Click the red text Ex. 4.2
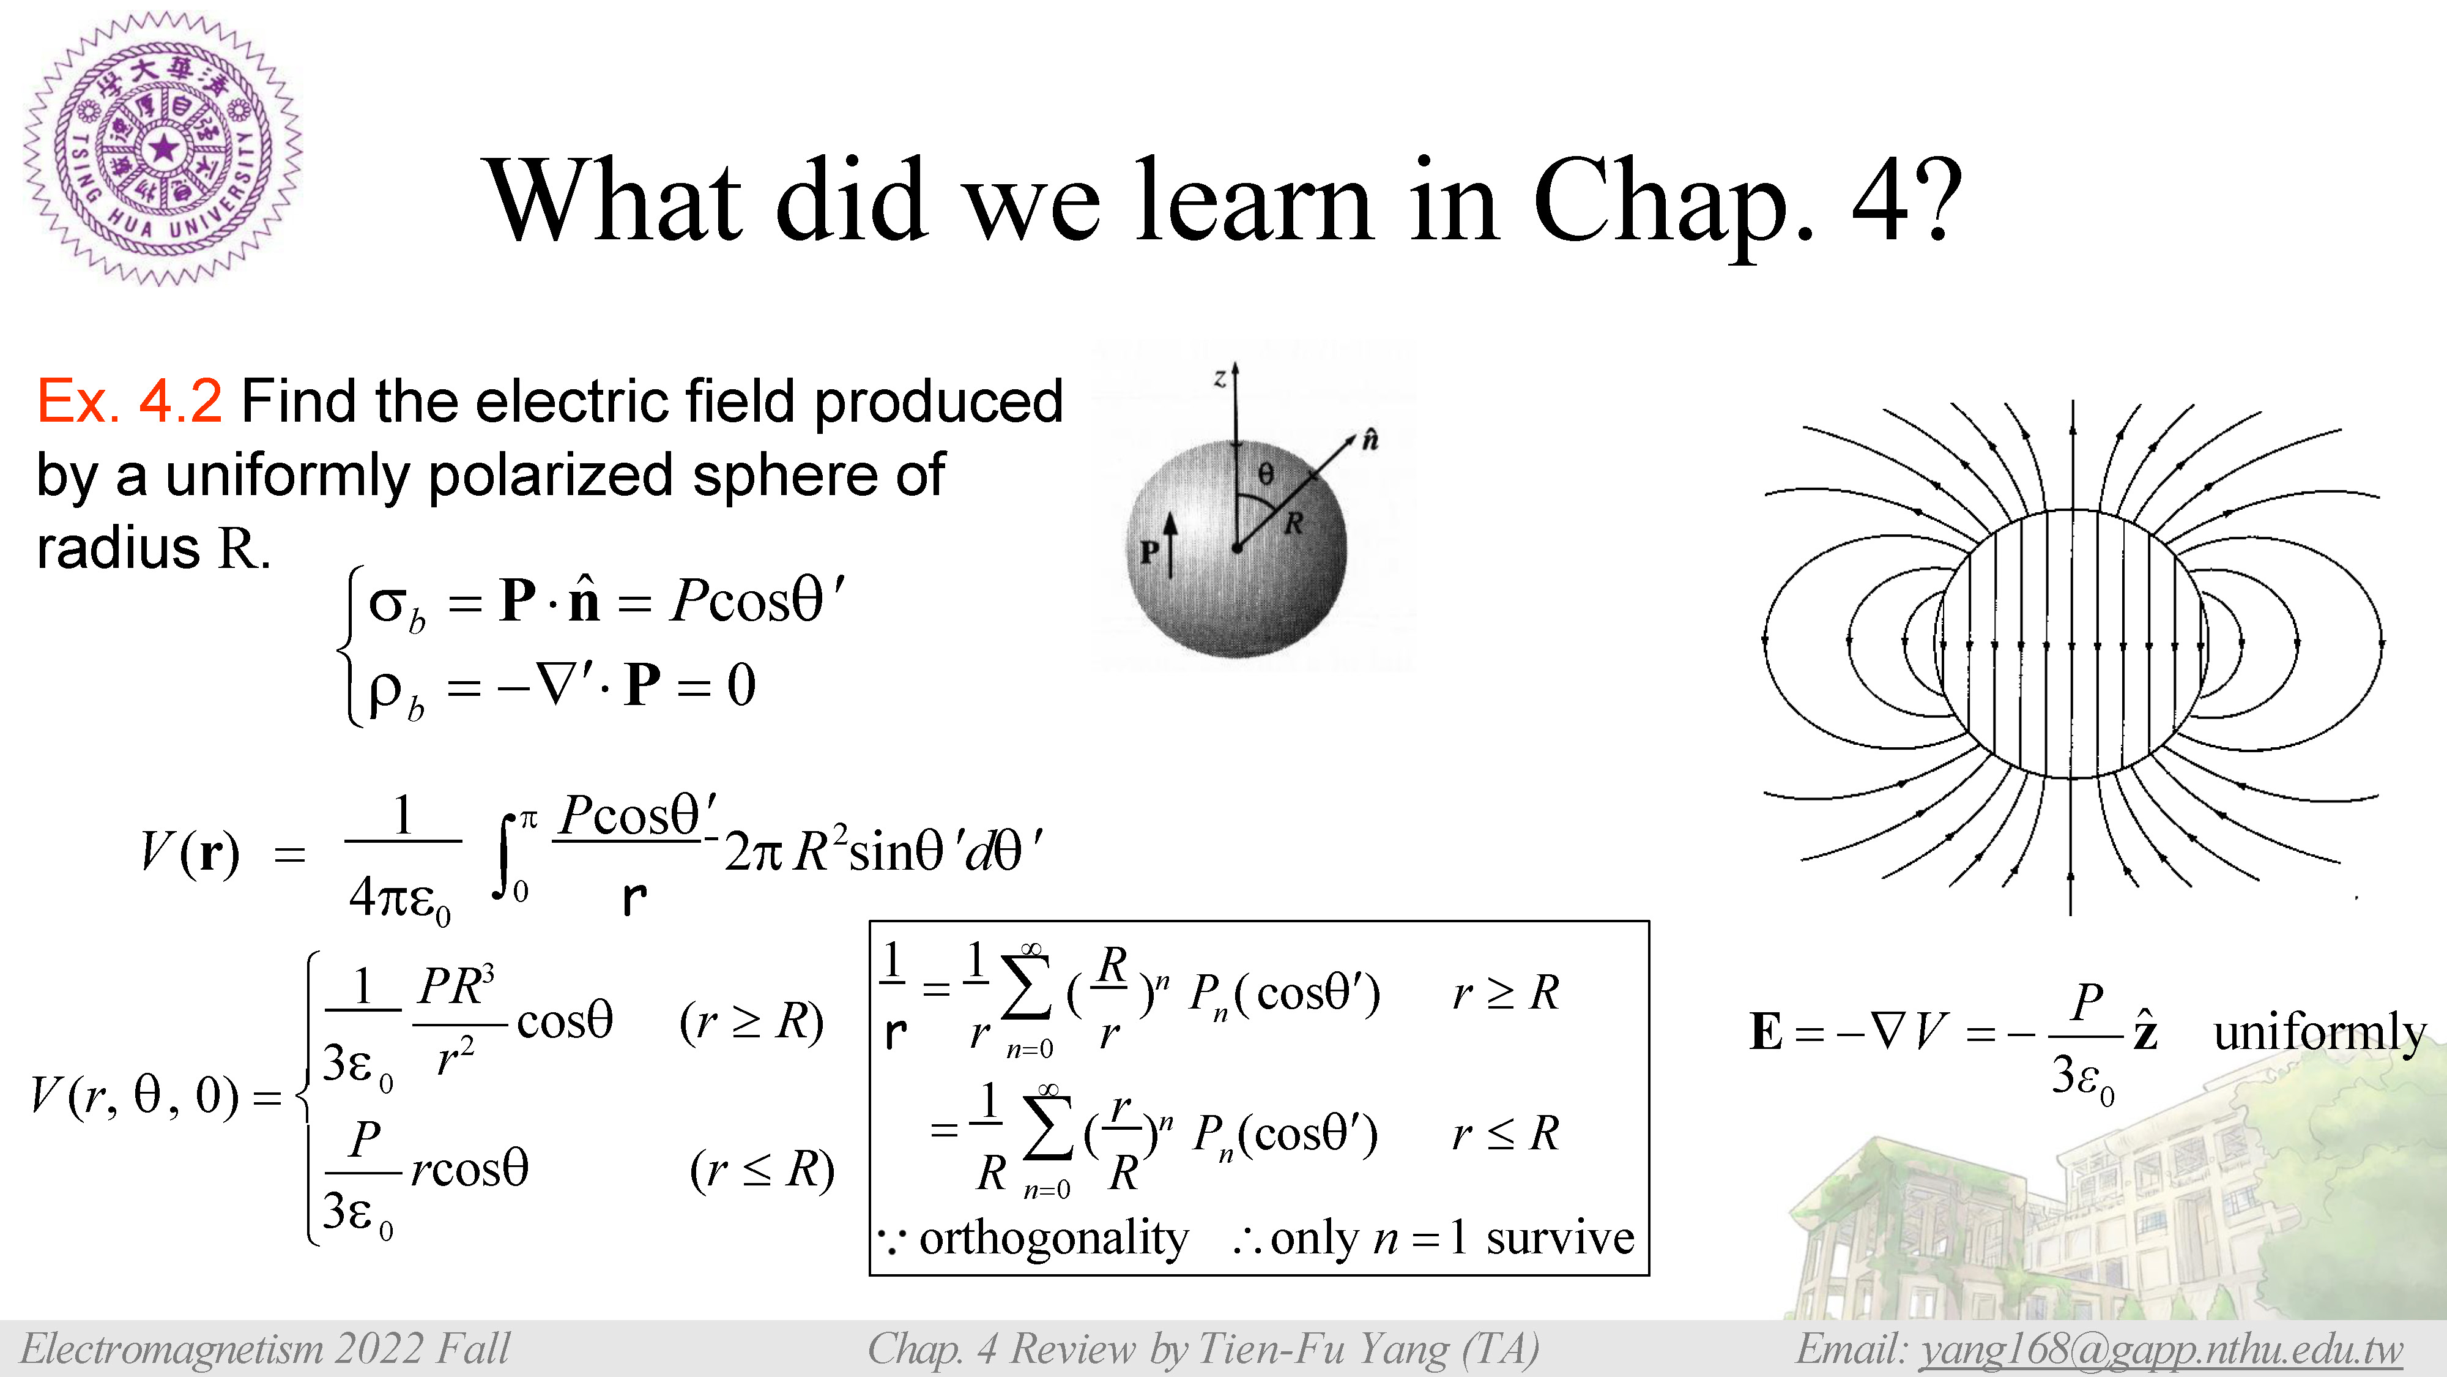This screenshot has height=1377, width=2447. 129,400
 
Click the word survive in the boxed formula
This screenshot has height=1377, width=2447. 1560,1237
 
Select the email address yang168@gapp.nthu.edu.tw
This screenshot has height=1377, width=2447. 2161,1349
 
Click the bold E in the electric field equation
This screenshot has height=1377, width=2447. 1766,1032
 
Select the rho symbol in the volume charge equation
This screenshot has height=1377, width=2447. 385,691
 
